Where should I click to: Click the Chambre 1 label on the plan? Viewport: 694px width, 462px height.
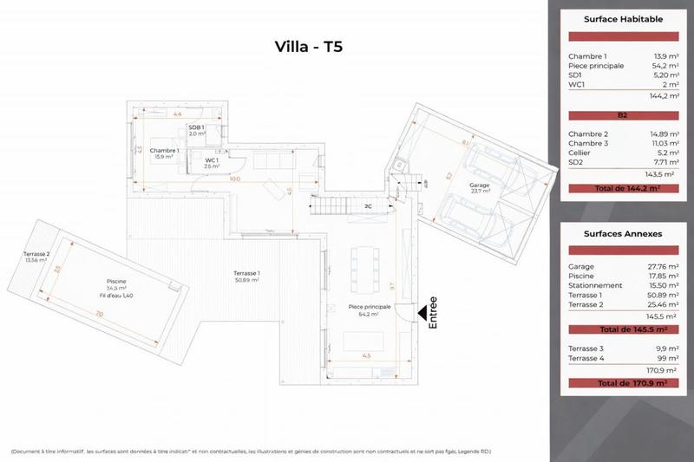pyautogui.click(x=164, y=151)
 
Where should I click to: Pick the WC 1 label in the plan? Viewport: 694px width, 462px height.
pyautogui.click(x=211, y=161)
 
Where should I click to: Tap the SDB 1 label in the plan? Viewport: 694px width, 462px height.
pyautogui.click(x=197, y=129)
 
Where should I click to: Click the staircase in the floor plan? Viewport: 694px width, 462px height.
pyautogui.click(x=334, y=206)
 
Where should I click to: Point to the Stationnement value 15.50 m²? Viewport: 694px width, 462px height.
pyautogui.click(x=649, y=284)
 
